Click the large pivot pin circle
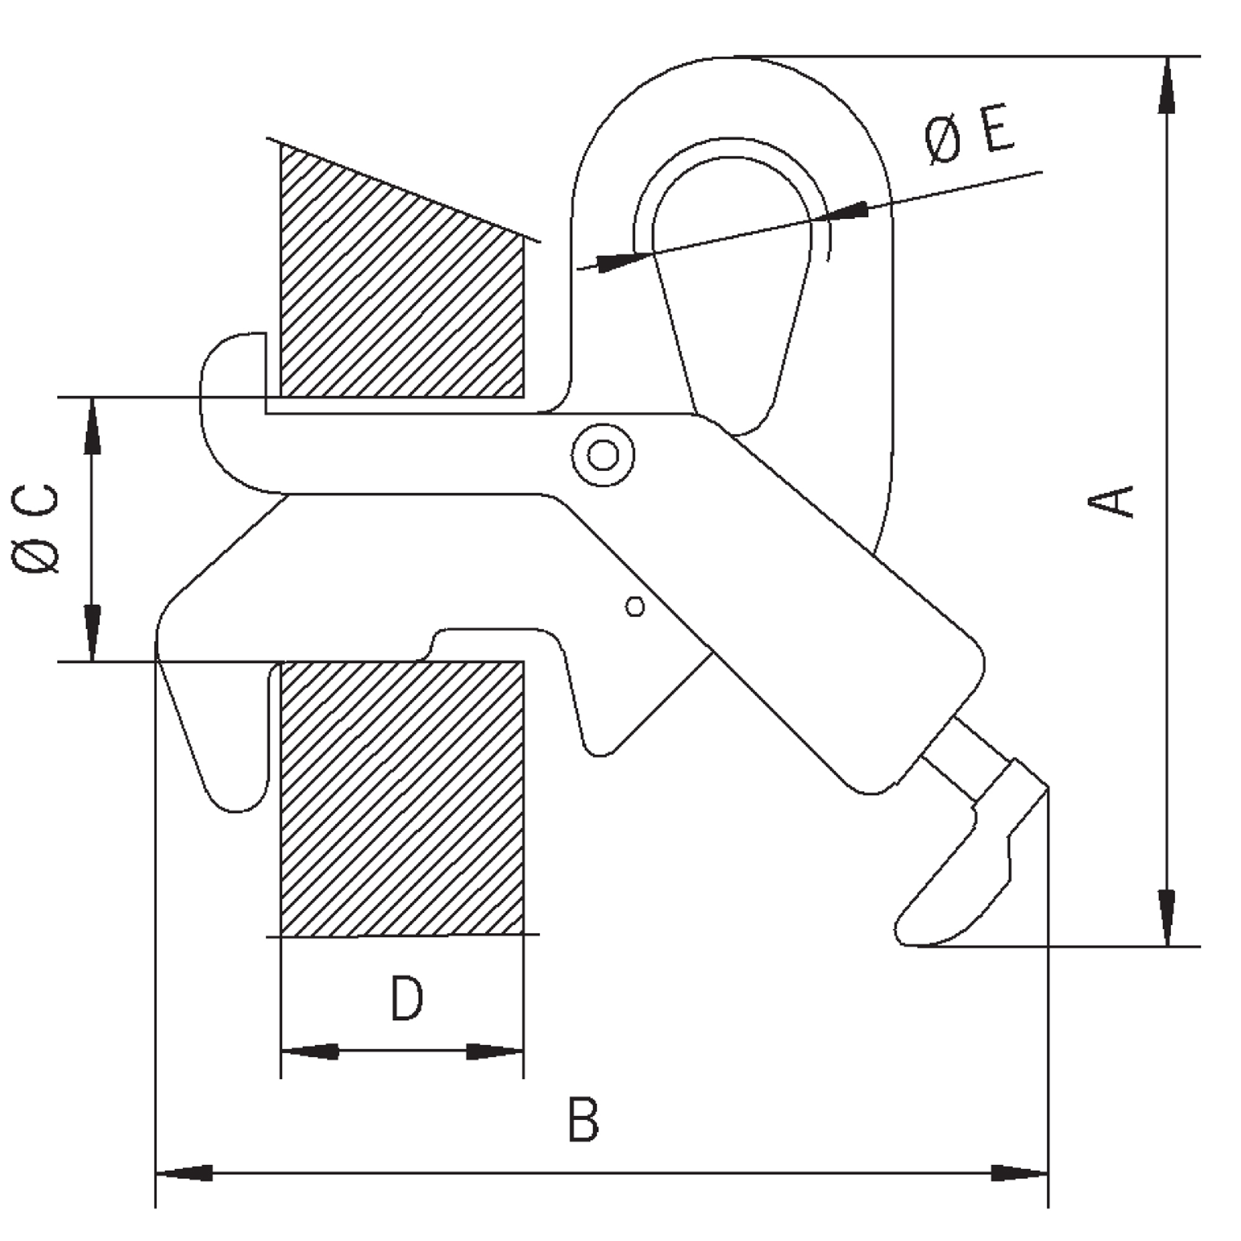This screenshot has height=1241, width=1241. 603,455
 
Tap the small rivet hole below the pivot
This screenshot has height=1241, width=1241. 635,606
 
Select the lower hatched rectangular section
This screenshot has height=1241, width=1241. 402,799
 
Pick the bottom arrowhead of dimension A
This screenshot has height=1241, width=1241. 1167,918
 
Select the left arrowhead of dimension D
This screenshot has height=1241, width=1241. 310,1052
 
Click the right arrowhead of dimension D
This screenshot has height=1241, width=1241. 495,1052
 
